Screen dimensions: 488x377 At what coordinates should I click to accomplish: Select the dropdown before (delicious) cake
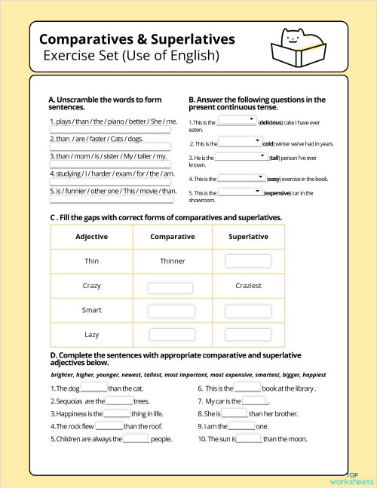coord(237,120)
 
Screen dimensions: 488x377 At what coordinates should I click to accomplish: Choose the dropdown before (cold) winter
coord(240,141)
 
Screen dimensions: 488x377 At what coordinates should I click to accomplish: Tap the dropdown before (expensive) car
coord(240,192)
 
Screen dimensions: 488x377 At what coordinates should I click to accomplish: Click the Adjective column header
coord(92,237)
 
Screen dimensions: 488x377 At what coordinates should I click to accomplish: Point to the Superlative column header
coord(249,237)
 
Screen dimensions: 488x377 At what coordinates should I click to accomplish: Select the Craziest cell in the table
coord(249,286)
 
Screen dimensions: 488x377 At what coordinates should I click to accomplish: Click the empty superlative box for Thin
coord(248,261)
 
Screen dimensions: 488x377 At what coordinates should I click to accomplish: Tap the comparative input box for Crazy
coord(170,287)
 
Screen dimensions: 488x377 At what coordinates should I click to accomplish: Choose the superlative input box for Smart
coord(248,312)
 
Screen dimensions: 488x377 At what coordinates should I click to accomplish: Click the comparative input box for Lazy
coord(170,335)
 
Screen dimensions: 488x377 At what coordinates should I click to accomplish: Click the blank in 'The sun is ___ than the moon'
coord(250,438)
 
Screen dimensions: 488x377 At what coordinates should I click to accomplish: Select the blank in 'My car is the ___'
coord(255,401)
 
